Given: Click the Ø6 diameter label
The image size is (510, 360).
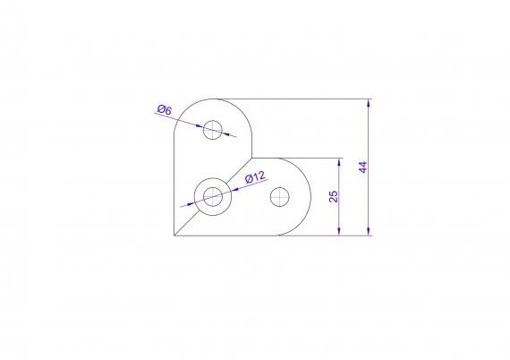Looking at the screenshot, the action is pyautogui.click(x=165, y=109).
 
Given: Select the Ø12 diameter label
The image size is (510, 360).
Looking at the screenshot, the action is pyautogui.click(x=255, y=177).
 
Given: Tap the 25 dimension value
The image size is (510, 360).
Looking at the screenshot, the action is pyautogui.click(x=334, y=197).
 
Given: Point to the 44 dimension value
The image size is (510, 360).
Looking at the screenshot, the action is pyautogui.click(x=363, y=167).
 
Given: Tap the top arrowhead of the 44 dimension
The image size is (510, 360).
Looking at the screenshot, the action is pyautogui.click(x=369, y=103).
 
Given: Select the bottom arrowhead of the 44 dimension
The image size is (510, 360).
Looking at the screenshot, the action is pyautogui.click(x=369, y=231).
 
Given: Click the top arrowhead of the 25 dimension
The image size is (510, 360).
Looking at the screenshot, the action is pyautogui.click(x=339, y=162).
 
